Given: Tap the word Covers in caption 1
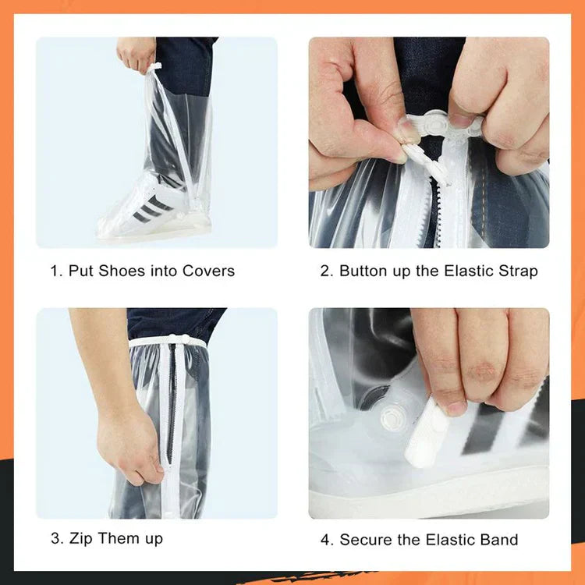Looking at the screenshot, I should [x=208, y=271].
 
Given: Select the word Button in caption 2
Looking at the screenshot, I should [x=364, y=271].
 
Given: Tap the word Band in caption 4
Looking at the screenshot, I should [x=498, y=540].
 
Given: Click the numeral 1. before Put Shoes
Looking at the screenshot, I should [x=56, y=271].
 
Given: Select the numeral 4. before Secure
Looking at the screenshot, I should [x=326, y=540].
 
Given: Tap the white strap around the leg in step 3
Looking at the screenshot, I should [x=168, y=342].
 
